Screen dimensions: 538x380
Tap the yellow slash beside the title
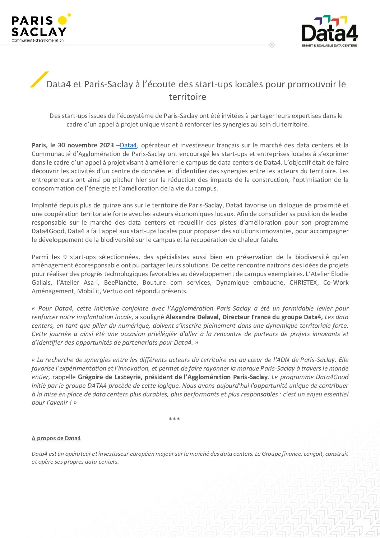click(39, 79)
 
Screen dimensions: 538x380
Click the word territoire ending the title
click(187, 97)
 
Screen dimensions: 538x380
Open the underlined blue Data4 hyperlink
click(128, 145)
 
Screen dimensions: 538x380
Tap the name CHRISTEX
click(303, 282)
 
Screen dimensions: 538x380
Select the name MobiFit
click(89, 291)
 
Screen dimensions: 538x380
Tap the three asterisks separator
click(174, 419)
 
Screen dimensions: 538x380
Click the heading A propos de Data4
click(56, 438)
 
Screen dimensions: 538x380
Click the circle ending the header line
click(272, 45)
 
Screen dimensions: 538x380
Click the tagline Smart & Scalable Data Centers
click(329, 46)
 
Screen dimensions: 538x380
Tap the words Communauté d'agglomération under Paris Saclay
click(37, 40)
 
